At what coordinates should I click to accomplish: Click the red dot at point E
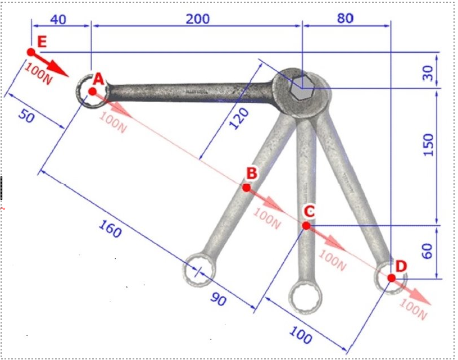[31, 52]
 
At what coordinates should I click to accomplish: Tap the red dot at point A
[92, 92]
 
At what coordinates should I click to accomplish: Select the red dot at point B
[247, 188]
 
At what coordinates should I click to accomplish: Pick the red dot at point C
[306, 226]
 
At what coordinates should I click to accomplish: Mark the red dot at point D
[391, 278]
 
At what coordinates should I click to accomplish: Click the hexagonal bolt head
[301, 89]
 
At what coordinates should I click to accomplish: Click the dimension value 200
[198, 19]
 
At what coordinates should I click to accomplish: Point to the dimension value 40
[58, 20]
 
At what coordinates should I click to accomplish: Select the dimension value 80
[345, 19]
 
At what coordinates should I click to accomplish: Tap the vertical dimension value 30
[428, 73]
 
